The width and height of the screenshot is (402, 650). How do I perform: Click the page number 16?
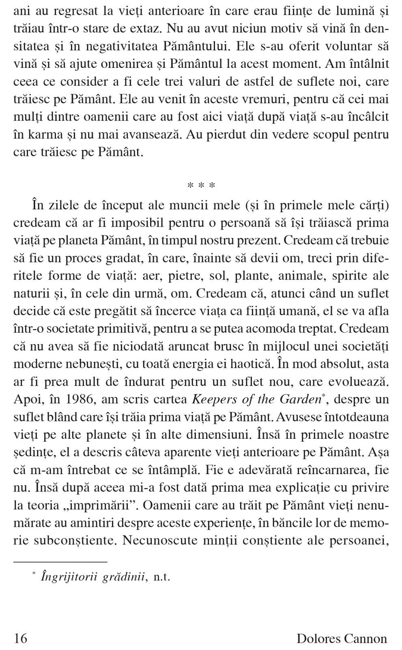pos(21,638)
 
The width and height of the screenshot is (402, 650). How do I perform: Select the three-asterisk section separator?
pos(201,186)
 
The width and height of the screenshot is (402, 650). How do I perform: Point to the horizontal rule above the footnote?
pos(60,562)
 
